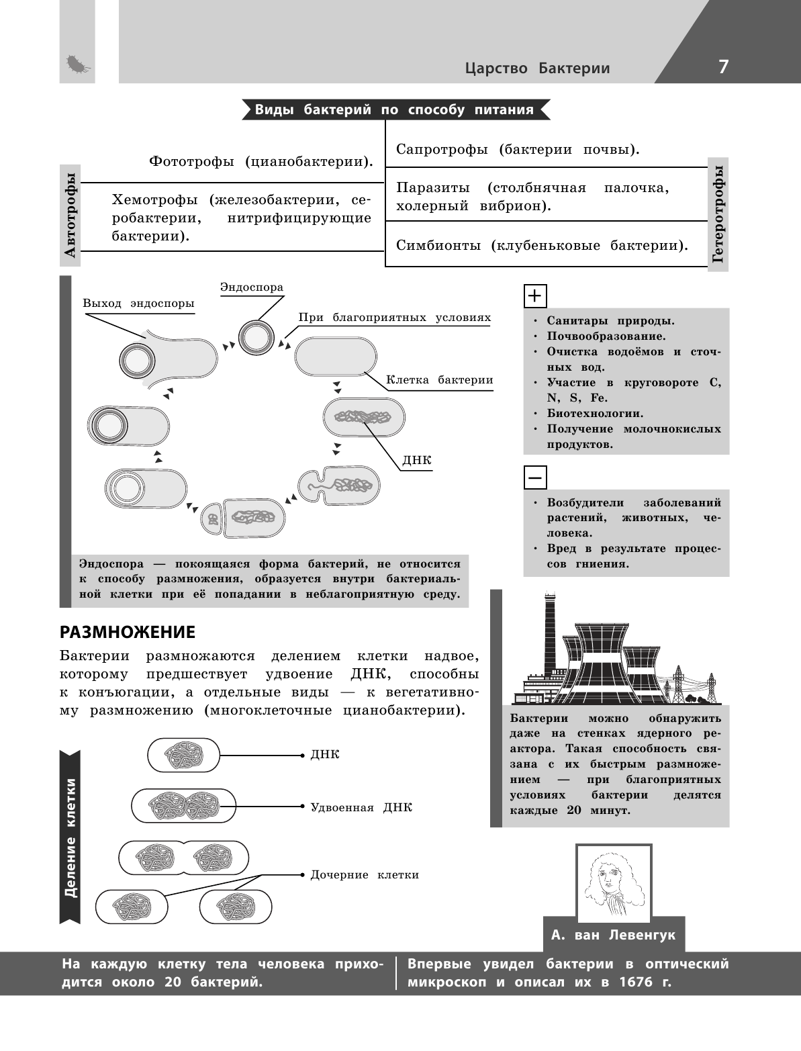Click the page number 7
tap(722, 66)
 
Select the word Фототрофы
tap(191, 163)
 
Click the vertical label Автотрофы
tap(70, 214)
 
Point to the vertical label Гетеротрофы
tap(718, 214)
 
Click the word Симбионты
tap(438, 246)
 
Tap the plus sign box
tap(535, 295)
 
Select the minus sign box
tap(535, 477)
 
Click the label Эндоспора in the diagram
tap(252, 287)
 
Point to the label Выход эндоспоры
tap(138, 304)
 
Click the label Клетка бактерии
tap(439, 380)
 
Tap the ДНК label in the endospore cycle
tap(416, 461)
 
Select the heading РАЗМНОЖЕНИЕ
tap(128, 632)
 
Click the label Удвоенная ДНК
tap(361, 807)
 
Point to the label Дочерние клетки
tap(365, 874)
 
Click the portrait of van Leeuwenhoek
tap(613, 880)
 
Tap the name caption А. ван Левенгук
tap(613, 935)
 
